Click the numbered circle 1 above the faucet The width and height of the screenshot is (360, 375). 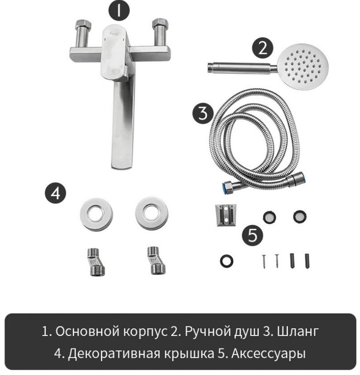pos(119,10)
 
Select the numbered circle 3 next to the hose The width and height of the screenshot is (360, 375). pos(203,113)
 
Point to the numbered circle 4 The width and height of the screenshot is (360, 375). pos(56,193)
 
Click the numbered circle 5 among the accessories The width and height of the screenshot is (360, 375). pos(253,235)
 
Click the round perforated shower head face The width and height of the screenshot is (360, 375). pos(303,67)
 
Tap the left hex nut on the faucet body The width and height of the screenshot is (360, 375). pos(83,25)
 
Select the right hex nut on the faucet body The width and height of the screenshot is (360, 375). pos(160,24)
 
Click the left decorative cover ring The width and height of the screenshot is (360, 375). pos(96,215)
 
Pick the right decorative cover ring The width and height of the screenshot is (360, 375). pos(152,214)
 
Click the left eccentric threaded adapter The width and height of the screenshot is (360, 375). pos(96,262)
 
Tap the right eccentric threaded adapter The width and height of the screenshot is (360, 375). pos(156,260)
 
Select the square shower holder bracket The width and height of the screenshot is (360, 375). pos(226,215)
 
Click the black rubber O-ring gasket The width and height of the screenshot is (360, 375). pos(227,261)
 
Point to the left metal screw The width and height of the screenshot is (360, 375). pos(264,261)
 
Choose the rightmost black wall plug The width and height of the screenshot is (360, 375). pos(307,261)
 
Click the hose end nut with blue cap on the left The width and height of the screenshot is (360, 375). pos(229,187)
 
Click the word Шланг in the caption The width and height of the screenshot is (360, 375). pos(298,332)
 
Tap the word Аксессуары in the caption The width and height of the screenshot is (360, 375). pos(268,354)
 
